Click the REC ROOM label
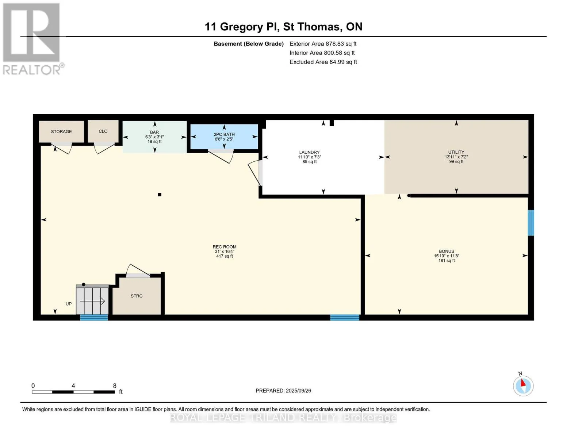click(x=225, y=247)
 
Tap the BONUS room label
click(x=446, y=251)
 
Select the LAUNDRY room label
click(x=309, y=152)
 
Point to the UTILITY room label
click(x=456, y=152)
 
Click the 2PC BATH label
click(x=224, y=134)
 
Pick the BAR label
click(x=154, y=132)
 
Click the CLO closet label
click(x=103, y=131)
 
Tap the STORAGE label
click(x=61, y=131)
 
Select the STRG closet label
click(x=137, y=296)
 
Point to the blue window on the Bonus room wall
click(x=531, y=223)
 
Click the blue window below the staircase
click(x=94, y=318)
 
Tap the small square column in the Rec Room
click(x=160, y=194)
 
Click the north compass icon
click(x=523, y=386)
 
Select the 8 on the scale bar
click(x=115, y=385)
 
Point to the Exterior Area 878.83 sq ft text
click(x=323, y=44)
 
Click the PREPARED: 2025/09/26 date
click(x=283, y=391)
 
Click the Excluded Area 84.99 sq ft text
click(x=323, y=62)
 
